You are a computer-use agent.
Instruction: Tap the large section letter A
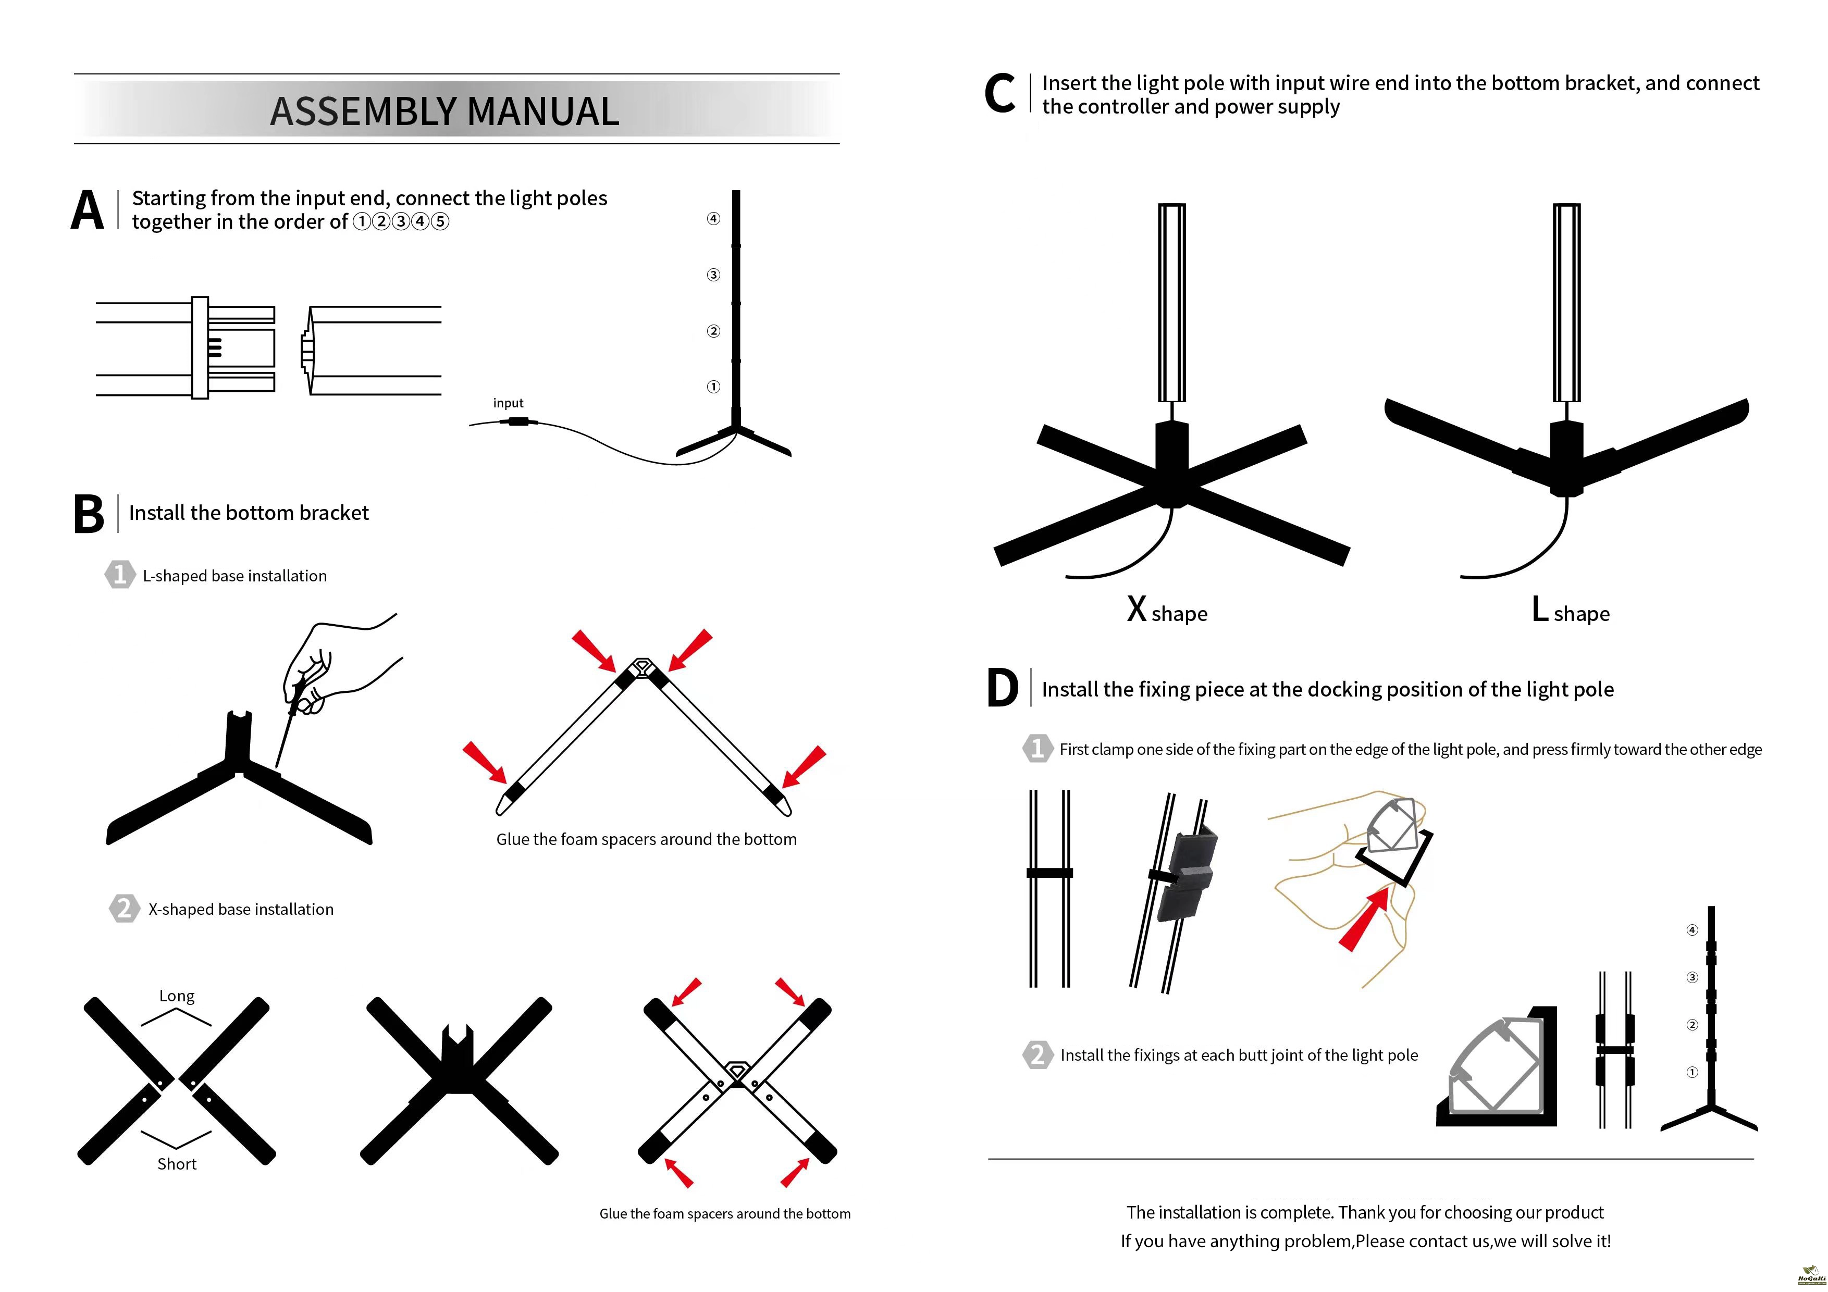[88, 211]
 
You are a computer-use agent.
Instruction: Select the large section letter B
[89, 514]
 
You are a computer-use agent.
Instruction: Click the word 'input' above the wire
[508, 403]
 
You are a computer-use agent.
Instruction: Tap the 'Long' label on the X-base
[177, 996]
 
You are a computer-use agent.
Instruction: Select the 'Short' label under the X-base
[177, 1164]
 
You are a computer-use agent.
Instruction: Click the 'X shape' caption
[1167, 611]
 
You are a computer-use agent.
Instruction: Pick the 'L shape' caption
[1570, 611]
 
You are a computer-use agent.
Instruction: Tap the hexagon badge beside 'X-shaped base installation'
[123, 908]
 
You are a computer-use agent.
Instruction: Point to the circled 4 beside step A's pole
[713, 219]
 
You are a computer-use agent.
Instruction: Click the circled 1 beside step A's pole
[713, 387]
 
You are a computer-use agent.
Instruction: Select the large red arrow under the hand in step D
[1364, 922]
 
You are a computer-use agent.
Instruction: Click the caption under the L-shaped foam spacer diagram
[646, 839]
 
